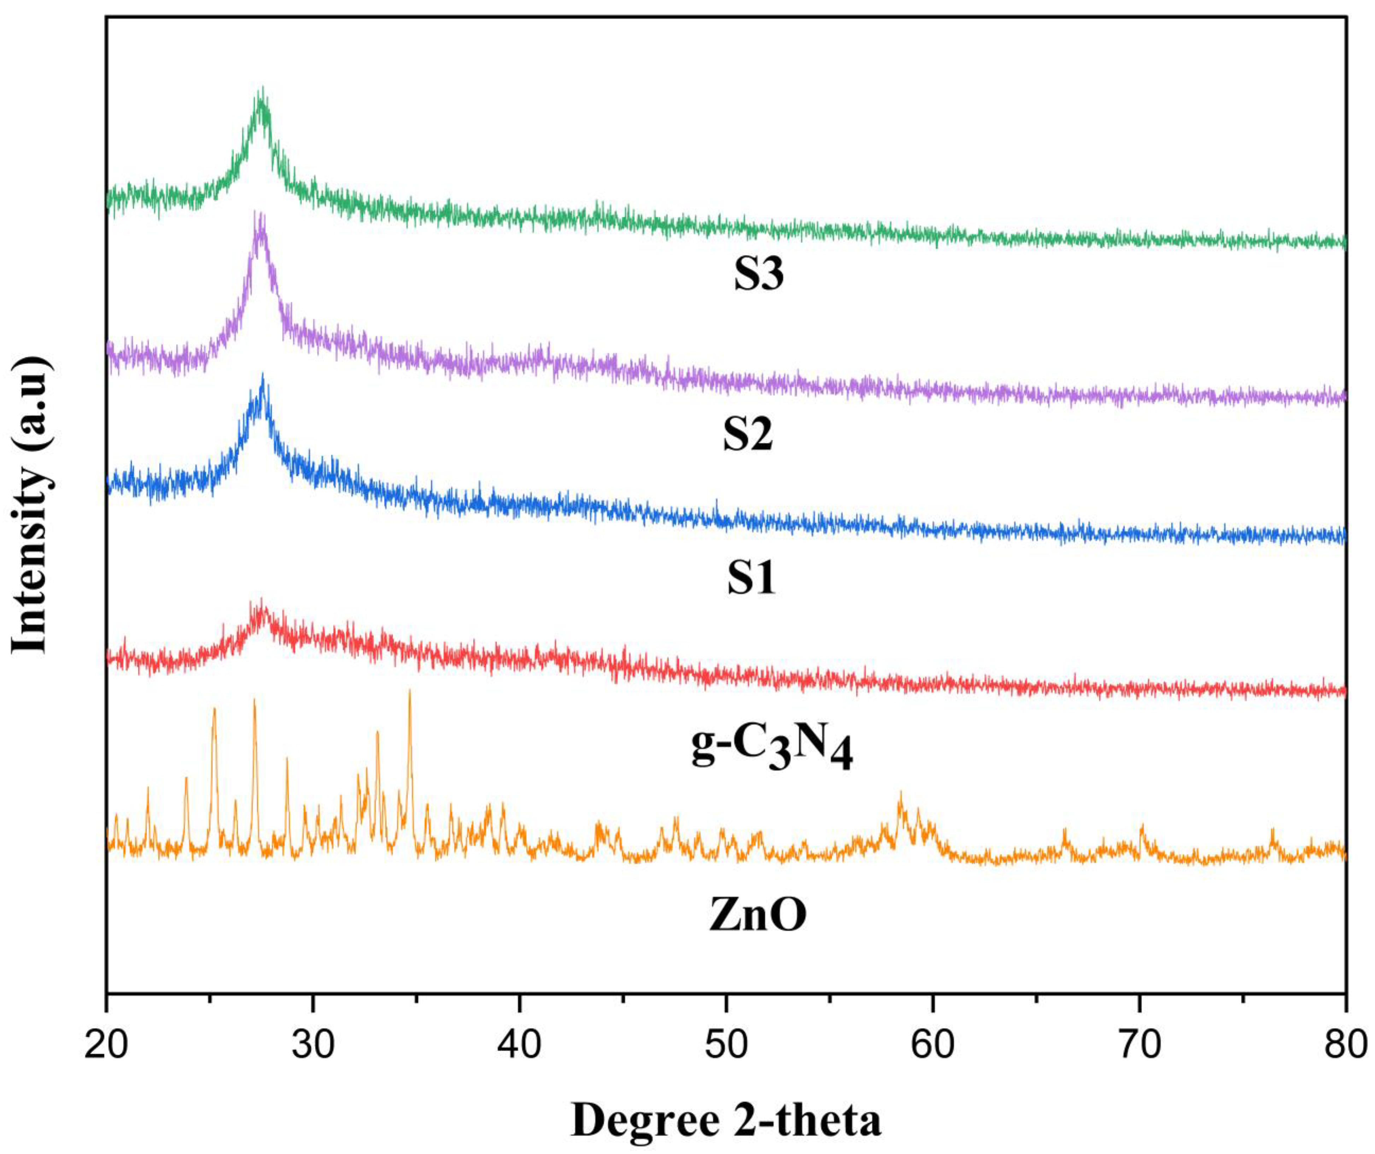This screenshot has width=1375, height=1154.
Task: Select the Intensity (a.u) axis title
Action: tap(31, 504)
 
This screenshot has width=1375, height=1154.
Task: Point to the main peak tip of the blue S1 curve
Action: tap(263, 375)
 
